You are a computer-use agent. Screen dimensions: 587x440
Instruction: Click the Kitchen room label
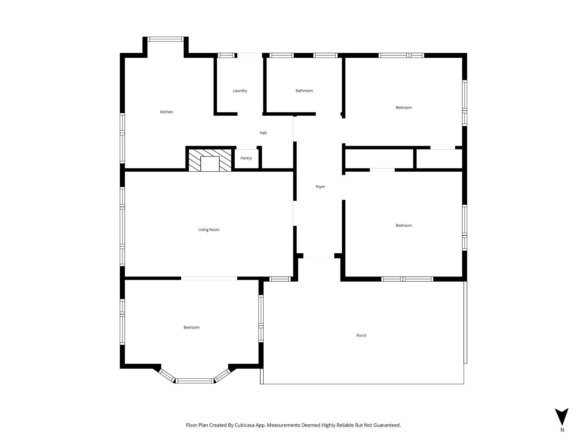tap(166, 112)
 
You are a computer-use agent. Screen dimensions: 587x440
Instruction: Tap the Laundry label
tap(240, 91)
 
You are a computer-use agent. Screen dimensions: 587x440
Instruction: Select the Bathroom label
tap(304, 91)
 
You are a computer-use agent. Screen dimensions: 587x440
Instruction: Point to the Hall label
tap(263, 133)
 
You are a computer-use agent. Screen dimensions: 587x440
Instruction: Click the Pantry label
tap(246, 158)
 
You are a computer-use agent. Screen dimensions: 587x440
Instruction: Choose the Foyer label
tap(320, 187)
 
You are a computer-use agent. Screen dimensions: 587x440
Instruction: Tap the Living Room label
tap(209, 230)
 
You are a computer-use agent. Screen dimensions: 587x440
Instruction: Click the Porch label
tap(361, 335)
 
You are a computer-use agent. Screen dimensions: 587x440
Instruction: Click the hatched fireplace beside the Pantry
tap(210, 160)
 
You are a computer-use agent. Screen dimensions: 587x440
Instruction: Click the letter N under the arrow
tap(562, 438)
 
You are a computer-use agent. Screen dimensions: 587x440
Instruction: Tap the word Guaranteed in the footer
tap(386, 425)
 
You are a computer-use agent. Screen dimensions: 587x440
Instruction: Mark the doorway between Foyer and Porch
tap(319, 256)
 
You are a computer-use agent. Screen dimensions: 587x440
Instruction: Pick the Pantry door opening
tap(246, 148)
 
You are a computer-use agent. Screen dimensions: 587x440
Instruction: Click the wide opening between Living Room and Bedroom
tap(209, 278)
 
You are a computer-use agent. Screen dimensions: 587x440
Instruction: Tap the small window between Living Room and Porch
tap(280, 279)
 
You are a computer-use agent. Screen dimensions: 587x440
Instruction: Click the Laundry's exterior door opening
tap(250, 55)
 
